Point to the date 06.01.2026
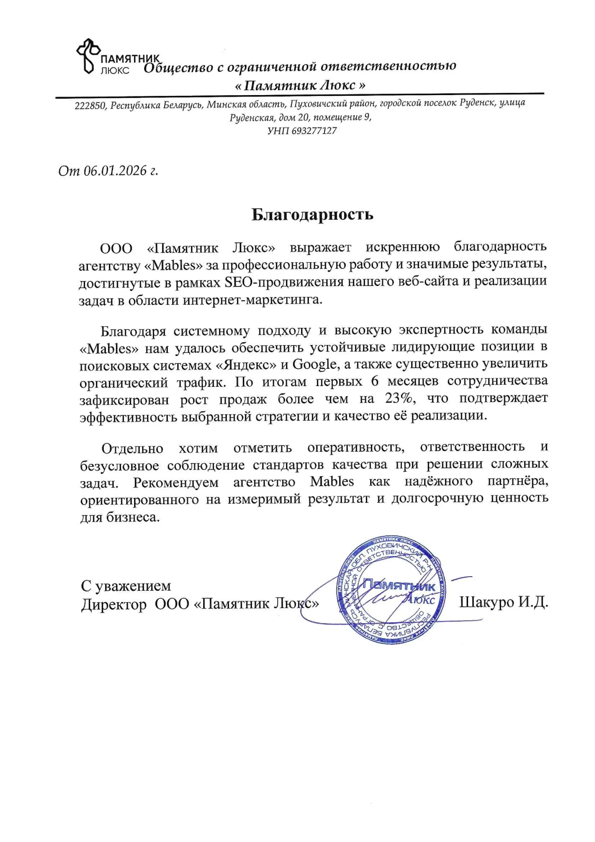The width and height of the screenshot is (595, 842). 115,170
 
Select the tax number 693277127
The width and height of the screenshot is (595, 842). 314,131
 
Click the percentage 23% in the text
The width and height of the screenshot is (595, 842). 400,398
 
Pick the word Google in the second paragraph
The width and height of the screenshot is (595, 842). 314,364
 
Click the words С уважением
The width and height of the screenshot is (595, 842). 126,585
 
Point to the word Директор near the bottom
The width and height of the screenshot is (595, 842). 114,604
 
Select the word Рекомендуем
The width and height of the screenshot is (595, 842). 176,483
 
